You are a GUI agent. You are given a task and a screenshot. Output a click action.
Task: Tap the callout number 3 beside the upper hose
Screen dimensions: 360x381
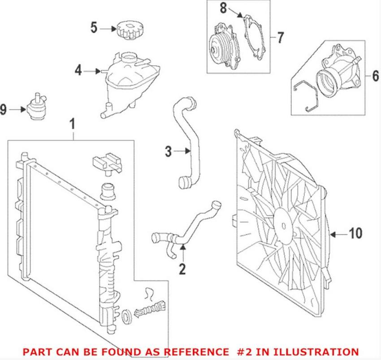click(x=168, y=152)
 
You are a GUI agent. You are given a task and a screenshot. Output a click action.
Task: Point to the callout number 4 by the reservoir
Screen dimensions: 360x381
click(x=78, y=70)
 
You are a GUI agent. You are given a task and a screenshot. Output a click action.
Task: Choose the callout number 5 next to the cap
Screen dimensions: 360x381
click(x=94, y=28)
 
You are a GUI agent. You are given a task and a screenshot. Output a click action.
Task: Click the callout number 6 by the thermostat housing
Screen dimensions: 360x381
click(x=375, y=76)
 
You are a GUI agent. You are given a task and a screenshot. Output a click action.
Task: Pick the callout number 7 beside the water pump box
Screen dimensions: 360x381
click(x=280, y=38)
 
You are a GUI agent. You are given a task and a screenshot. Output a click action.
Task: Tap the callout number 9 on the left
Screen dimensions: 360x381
click(x=4, y=109)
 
